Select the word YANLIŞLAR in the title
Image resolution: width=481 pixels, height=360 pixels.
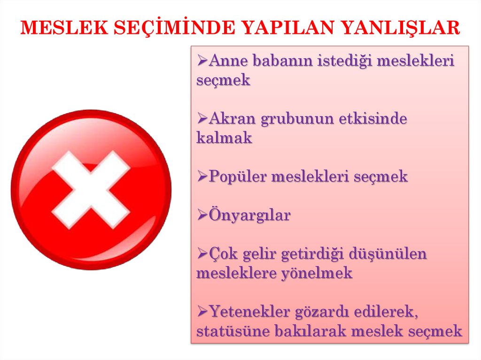tap(401, 28)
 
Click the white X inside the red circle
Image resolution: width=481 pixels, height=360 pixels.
tap(91, 190)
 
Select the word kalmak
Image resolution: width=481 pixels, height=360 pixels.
tap(224, 138)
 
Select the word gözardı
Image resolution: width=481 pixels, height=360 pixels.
tap(321, 312)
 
